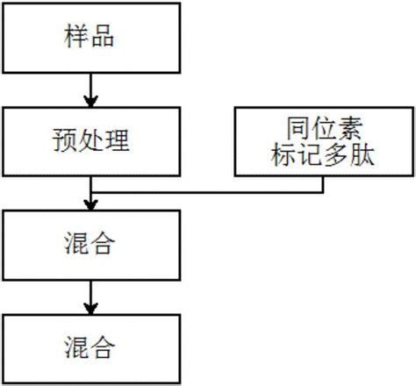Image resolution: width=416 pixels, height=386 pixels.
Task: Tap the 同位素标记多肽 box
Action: coord(323,139)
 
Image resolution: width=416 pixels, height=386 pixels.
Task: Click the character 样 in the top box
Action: coord(77,38)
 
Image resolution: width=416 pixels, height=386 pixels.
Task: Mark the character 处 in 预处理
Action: coord(90,139)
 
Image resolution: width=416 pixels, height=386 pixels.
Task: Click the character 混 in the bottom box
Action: coord(77,343)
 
